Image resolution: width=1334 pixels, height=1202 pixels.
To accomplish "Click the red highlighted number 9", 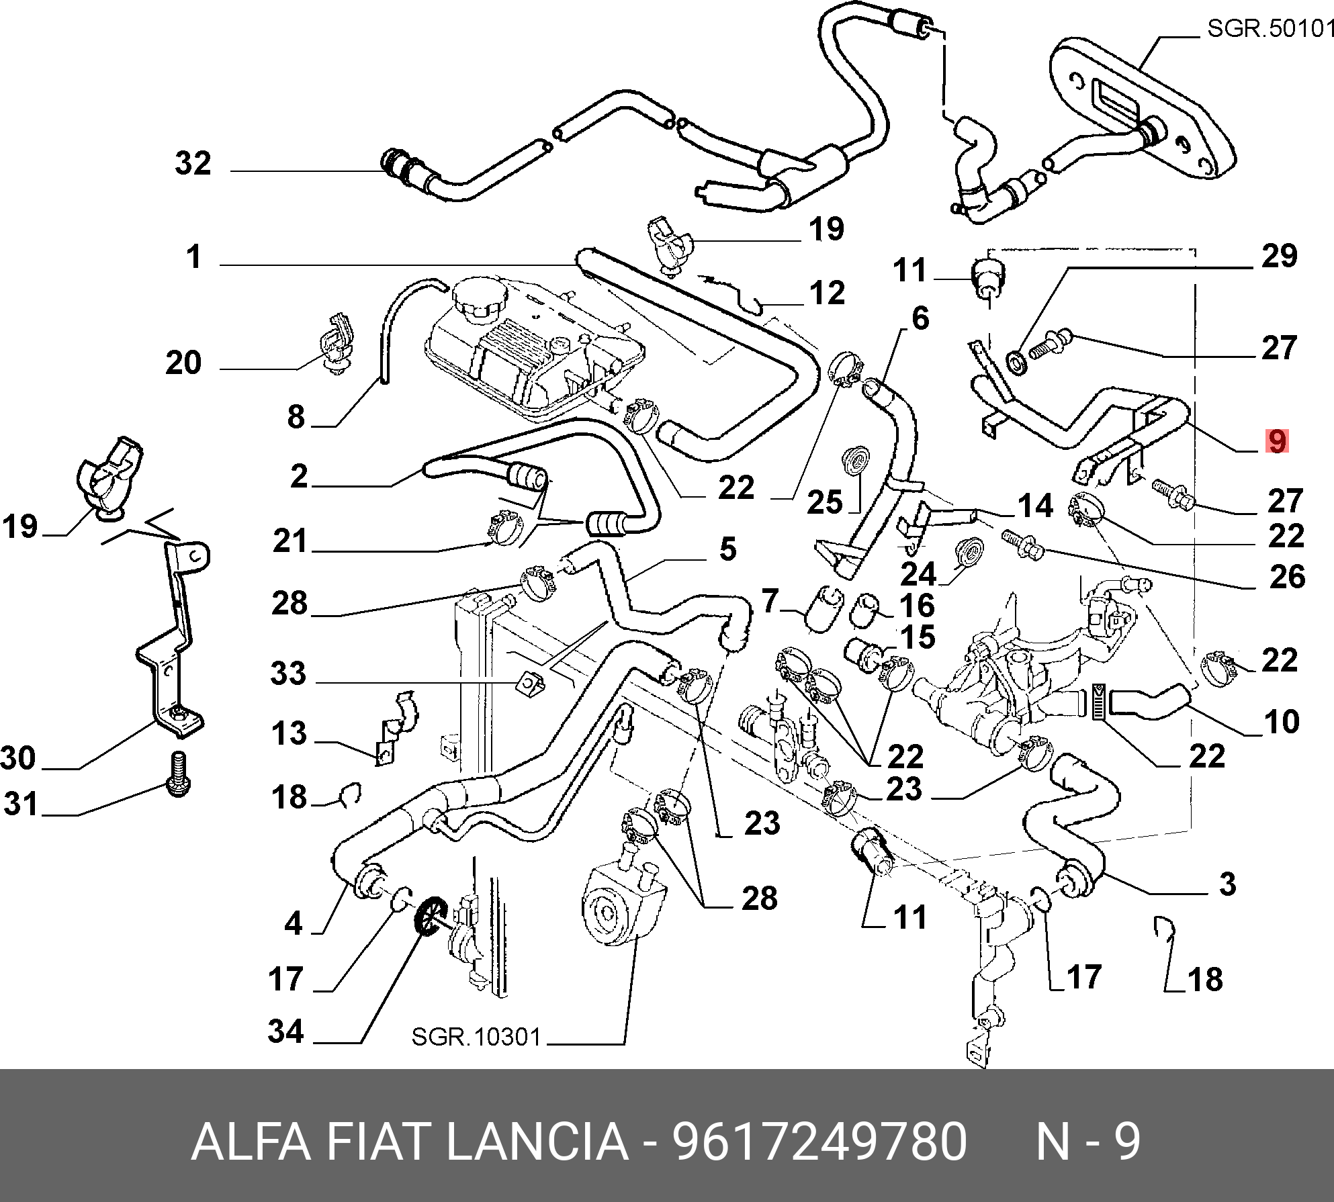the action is tap(1276, 441).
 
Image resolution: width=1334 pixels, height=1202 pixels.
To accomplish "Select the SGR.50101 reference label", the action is tap(1270, 28).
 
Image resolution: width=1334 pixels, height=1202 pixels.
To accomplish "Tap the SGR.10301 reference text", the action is tap(476, 1037).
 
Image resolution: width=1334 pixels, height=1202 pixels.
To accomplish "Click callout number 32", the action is tap(193, 163).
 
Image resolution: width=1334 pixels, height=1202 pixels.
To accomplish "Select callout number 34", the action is tap(286, 1031).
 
